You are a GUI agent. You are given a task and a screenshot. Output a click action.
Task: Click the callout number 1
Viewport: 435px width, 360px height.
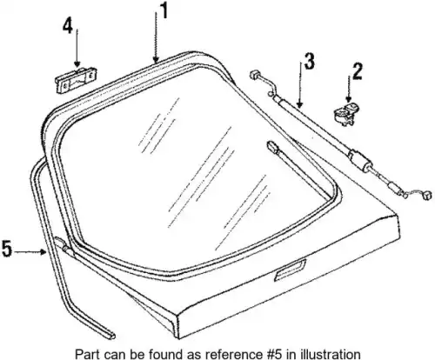[164, 11]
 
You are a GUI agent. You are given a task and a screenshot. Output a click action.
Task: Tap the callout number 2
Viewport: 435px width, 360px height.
[357, 71]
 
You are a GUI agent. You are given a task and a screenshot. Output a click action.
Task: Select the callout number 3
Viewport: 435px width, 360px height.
[309, 62]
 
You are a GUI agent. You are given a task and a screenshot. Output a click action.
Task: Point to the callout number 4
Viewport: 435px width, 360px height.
[68, 27]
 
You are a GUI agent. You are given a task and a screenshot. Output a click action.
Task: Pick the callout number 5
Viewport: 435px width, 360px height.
[7, 249]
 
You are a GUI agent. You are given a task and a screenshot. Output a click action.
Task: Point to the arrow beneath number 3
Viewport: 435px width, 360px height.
[300, 84]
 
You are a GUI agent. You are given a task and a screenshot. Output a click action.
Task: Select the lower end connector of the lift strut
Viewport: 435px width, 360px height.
[426, 196]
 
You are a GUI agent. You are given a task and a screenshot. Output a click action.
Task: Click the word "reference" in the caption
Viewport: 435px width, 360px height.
[238, 354]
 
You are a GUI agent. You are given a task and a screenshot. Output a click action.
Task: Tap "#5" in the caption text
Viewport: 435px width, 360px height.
[272, 354]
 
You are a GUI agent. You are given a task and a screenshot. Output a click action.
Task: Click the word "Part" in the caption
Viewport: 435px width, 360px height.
[85, 354]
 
